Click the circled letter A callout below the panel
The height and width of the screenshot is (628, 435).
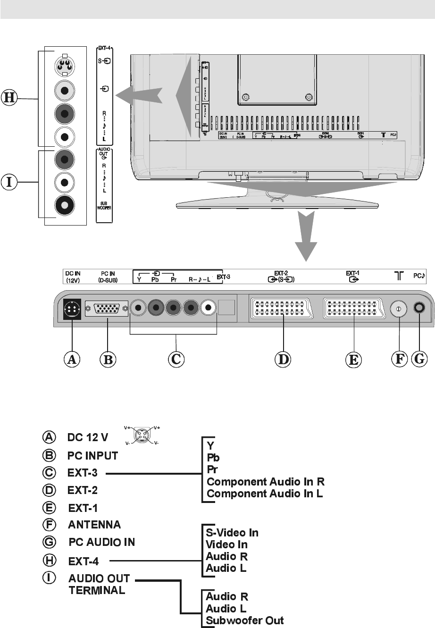[x=72, y=360]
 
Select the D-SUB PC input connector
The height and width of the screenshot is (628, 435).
[x=107, y=309]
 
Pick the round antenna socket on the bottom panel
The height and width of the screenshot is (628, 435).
[x=399, y=309]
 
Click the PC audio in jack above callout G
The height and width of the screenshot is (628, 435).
[x=418, y=308]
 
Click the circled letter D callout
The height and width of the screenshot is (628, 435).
[x=283, y=360]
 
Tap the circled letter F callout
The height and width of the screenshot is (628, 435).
[x=399, y=360]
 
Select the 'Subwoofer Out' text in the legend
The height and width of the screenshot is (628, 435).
[x=245, y=620]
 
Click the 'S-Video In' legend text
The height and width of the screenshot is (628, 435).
[x=232, y=533]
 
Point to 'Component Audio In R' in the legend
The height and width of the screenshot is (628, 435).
[x=266, y=482]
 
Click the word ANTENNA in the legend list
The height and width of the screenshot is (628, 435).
[x=94, y=524]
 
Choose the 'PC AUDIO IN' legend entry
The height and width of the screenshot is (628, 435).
[x=102, y=542]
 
